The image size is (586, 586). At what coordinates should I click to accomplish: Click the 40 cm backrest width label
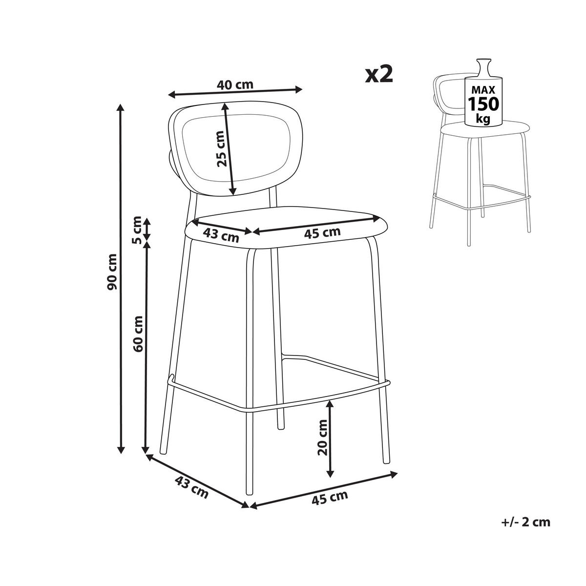tap(235, 84)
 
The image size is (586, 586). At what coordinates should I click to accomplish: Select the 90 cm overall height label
tap(112, 272)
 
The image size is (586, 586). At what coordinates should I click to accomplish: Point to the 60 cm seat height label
tap(138, 334)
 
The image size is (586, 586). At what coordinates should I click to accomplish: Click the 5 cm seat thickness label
tap(137, 230)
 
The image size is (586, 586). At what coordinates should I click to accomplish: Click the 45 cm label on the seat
tap(322, 233)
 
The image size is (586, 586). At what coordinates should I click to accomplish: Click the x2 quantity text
tap(379, 75)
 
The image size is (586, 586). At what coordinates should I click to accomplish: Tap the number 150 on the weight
tap(483, 104)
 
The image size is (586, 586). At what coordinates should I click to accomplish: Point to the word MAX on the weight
tap(483, 89)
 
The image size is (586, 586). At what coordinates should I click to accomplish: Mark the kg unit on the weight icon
tap(483, 119)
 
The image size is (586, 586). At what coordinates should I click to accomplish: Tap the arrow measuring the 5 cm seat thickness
tap(147, 230)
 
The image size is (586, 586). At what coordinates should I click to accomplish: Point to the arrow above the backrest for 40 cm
tap(235, 92)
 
